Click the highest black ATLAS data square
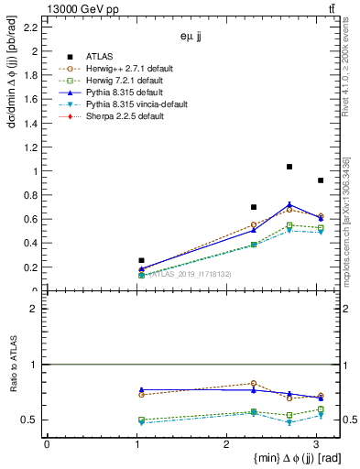coord(289,167)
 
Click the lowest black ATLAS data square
coord(141,260)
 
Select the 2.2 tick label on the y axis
coord(30,27)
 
